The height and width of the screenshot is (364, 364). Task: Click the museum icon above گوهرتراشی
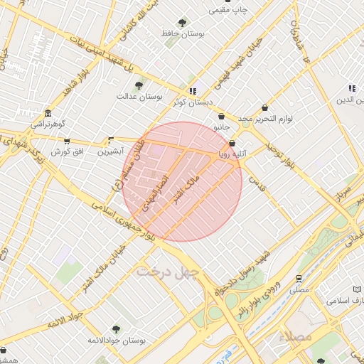tap(47, 114)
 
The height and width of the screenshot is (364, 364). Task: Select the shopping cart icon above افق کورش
tap(67, 141)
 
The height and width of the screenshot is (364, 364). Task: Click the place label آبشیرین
tap(110, 151)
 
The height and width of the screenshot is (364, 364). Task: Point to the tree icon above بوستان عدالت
tap(139, 85)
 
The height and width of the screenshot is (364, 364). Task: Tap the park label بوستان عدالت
tap(140, 96)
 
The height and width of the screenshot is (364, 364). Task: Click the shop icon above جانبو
tap(222, 116)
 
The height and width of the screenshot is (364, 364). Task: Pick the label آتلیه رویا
tap(232, 153)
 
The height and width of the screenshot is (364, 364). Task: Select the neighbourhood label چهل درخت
tap(169, 272)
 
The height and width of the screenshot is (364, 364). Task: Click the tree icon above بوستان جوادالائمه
tap(116, 329)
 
